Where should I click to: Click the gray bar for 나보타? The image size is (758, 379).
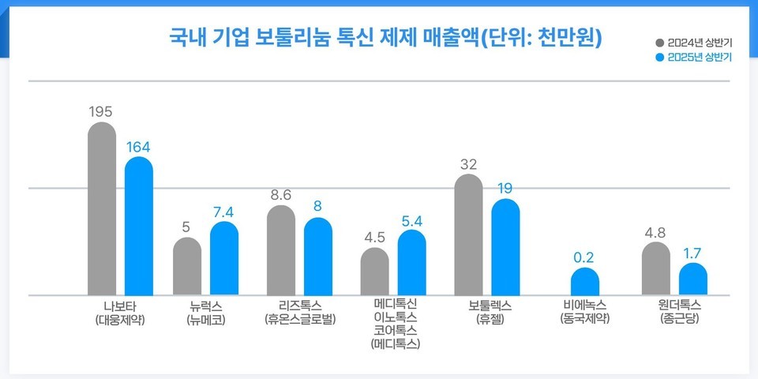coord(101,209)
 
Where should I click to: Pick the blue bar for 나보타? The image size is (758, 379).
coord(139,227)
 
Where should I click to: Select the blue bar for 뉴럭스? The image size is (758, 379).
coord(224,259)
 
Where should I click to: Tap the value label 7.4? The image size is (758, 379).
coord(223,212)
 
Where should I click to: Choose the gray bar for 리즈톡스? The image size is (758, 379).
coord(281,250)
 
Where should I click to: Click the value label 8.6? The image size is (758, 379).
coord(280,194)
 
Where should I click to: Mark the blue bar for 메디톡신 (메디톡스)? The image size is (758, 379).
coord(411,263)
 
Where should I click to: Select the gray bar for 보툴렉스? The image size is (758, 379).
coord(469,235)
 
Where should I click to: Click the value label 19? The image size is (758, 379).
coord(505,189)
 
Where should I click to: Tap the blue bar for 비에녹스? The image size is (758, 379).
coord(585,282)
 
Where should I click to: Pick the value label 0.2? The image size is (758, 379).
coord(584,257)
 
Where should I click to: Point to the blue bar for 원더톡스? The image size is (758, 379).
coord(693,280)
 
